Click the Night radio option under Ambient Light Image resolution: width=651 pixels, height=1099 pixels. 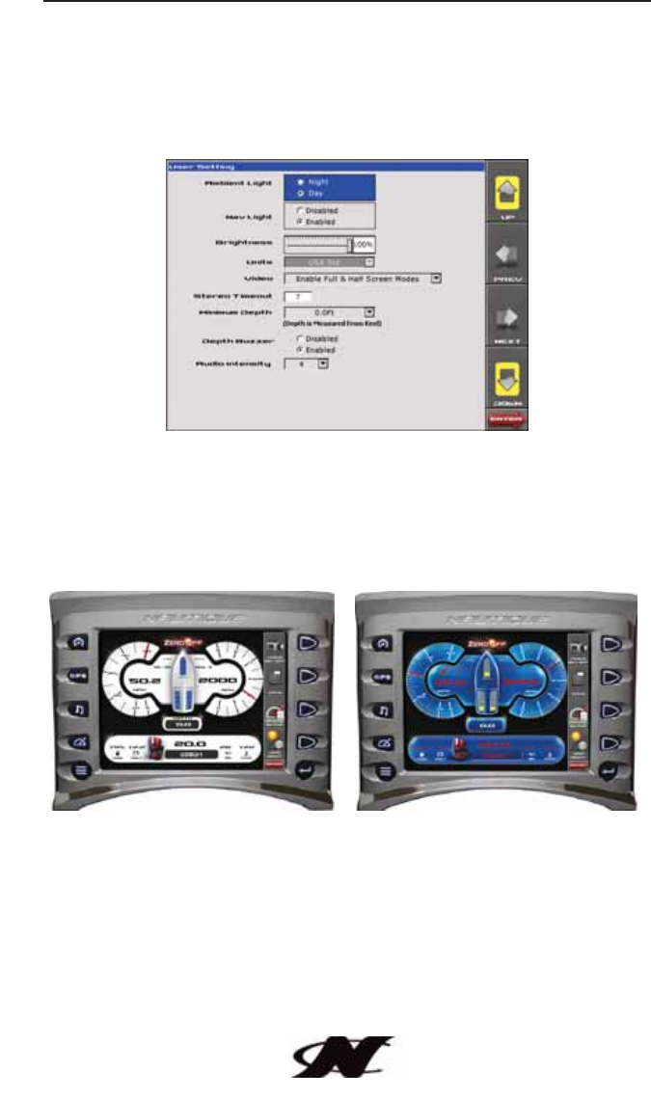pyautogui.click(x=302, y=181)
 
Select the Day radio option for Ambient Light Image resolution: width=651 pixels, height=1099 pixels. pyautogui.click(x=302, y=193)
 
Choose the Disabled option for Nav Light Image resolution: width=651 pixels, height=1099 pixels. pyautogui.click(x=300, y=210)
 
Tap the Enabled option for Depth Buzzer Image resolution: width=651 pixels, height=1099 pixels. pyautogui.click(x=300, y=350)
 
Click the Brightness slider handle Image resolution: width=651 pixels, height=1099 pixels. pyautogui.click(x=349, y=246)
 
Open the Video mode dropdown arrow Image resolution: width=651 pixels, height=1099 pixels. pyautogui.click(x=435, y=278)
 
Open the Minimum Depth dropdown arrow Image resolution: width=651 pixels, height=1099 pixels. pyautogui.click(x=368, y=311)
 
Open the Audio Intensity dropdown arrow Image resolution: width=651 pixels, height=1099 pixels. pyautogui.click(x=322, y=364)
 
